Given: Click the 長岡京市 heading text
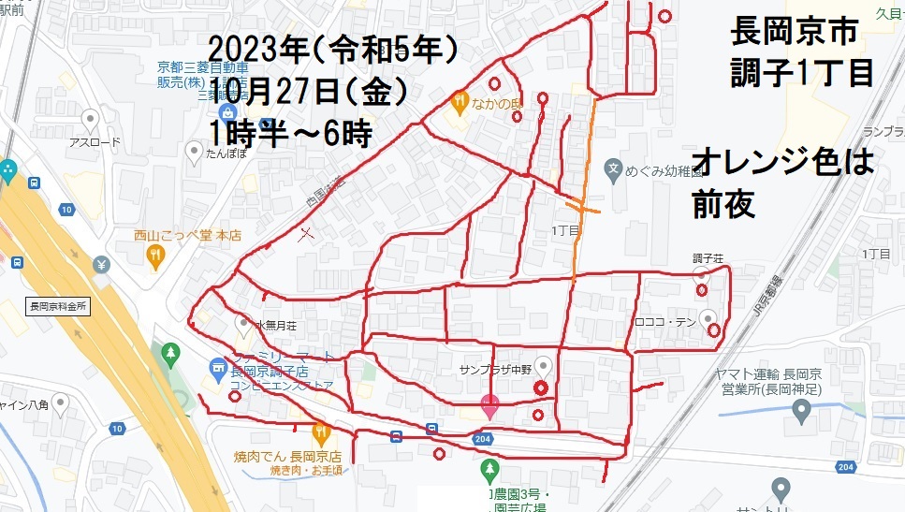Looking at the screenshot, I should coord(794,34).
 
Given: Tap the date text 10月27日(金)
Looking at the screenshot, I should coord(308,91).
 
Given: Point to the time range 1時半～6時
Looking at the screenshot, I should coord(291,132).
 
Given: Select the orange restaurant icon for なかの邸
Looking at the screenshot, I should coord(459,100).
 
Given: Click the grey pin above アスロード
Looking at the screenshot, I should coord(91,119).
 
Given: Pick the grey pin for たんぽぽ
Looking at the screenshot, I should coord(194,149).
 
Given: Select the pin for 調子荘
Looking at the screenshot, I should coord(701,273).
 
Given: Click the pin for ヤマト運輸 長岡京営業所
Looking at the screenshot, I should coord(801,409).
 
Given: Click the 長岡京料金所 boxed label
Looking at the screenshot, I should coord(58,306).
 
